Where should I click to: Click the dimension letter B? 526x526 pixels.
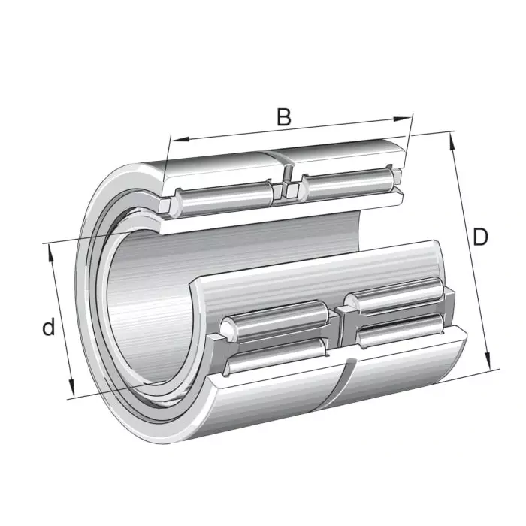pyautogui.click(x=283, y=117)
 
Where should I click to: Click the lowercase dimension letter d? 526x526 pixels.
pyautogui.click(x=48, y=328)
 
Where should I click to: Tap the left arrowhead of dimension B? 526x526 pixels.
pyautogui.click(x=174, y=139)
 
